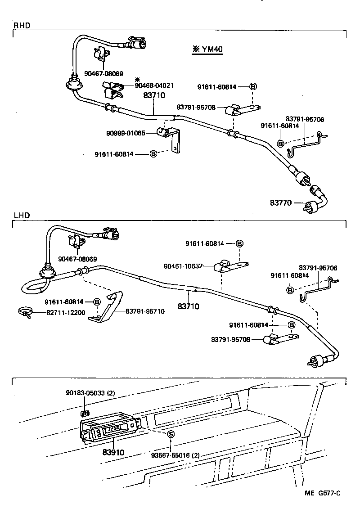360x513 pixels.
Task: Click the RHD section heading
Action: coord(22,26)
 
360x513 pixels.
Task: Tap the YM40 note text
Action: coord(207,49)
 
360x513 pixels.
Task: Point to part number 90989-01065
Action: coord(126,133)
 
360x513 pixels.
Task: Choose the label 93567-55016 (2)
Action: coord(175,455)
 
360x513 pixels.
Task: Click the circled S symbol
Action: coord(171,434)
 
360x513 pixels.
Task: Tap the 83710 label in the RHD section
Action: coord(154,95)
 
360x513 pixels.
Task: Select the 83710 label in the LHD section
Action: coord(189,306)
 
